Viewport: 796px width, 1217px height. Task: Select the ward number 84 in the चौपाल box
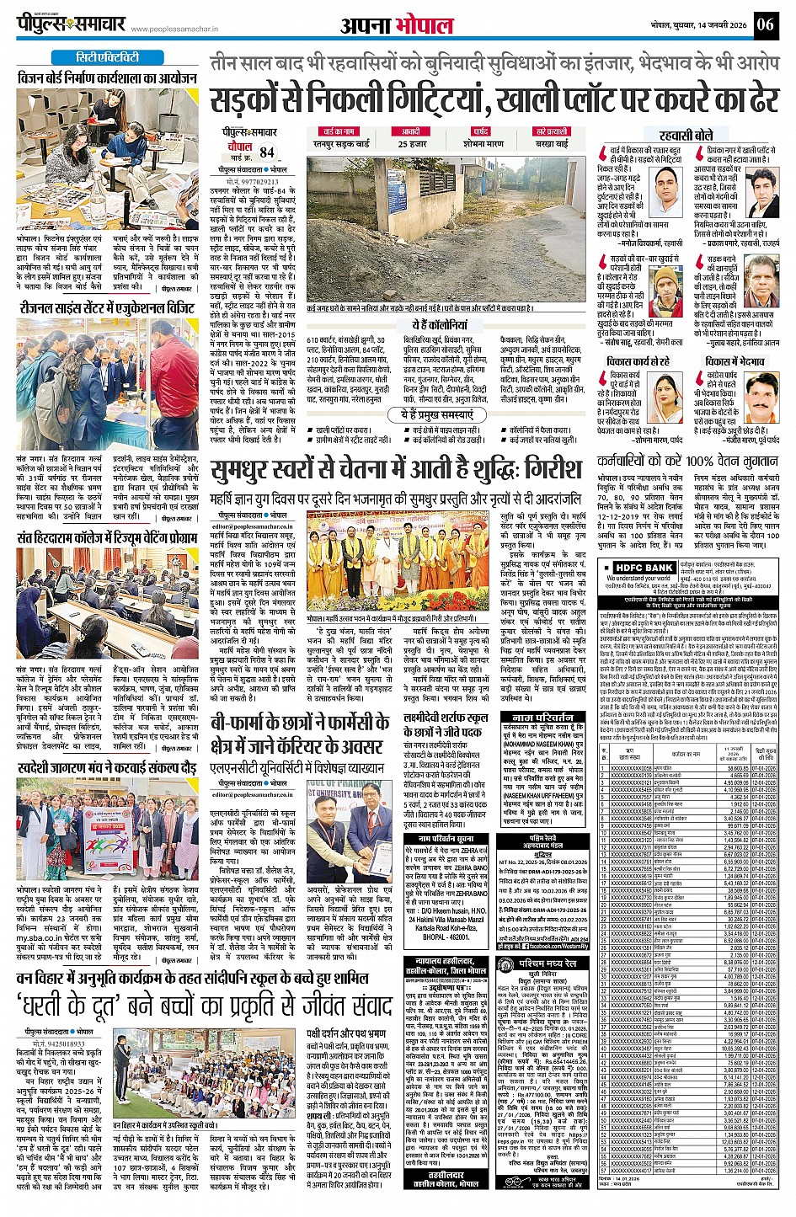[267, 152]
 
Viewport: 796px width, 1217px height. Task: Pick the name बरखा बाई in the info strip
[552, 144]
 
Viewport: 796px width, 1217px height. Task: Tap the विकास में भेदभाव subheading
[734, 360]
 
